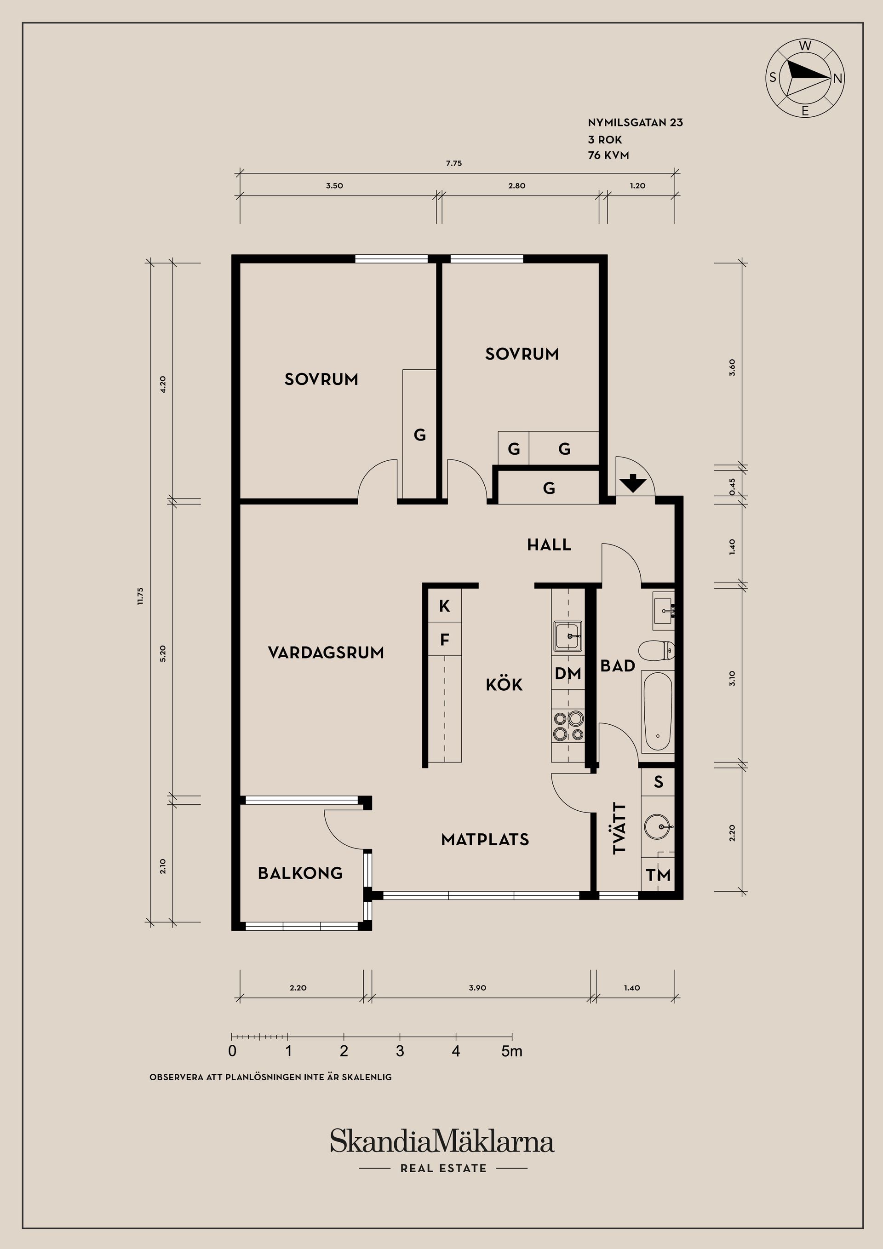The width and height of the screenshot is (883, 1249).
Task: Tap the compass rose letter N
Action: coord(837,78)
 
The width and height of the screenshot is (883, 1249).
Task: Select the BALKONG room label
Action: coord(300,873)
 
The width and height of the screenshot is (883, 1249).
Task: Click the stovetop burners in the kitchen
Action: coord(568,727)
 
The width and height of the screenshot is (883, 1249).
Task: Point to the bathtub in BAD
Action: coord(658,711)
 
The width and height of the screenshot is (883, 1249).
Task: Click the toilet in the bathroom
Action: coord(657,650)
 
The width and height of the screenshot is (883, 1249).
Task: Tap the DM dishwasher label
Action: coord(568,673)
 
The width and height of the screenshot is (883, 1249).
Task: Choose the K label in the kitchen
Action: coord(445,606)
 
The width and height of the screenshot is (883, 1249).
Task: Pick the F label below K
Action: coord(445,640)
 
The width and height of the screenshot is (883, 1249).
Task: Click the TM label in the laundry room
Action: coord(658,875)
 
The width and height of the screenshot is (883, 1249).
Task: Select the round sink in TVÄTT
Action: coord(658,827)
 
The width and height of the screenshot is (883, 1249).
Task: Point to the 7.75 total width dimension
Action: coord(454,163)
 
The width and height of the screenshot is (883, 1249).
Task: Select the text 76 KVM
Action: coord(608,155)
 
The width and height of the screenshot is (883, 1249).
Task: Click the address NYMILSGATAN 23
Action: coord(635,122)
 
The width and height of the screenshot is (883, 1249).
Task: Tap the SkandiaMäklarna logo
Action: coord(442,1141)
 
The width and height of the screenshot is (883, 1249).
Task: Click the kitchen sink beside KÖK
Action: coord(568,636)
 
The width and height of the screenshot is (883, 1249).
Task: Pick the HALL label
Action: coord(549,544)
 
